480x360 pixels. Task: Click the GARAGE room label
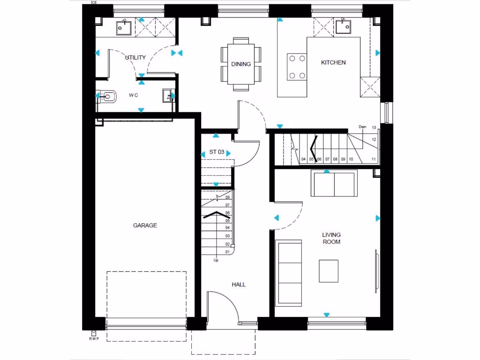pyautogui.click(x=145, y=225)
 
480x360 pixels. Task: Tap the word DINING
pyautogui.click(x=241, y=64)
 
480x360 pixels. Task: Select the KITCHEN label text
pyautogui.click(x=333, y=62)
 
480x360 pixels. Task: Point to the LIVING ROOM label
pyautogui.click(x=331, y=238)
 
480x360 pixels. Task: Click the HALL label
pyautogui.click(x=239, y=285)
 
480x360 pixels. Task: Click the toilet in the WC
pyautogui.click(x=107, y=97)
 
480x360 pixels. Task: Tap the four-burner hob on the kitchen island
pyautogui.click(x=297, y=67)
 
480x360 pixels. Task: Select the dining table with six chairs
pyautogui.click(x=241, y=64)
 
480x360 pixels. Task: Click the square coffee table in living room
pyautogui.click(x=328, y=271)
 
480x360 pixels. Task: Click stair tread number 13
pyautogui.click(x=374, y=127)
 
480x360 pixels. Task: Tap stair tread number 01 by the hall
pyautogui.click(x=227, y=252)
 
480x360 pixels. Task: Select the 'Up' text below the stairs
pyautogui.click(x=216, y=260)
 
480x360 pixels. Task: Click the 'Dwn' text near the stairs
pyautogui.click(x=362, y=127)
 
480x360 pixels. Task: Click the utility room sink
pyautogui.click(x=124, y=28)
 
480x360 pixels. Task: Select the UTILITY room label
pyautogui.click(x=136, y=58)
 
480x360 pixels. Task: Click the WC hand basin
pyautogui.click(x=167, y=96)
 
